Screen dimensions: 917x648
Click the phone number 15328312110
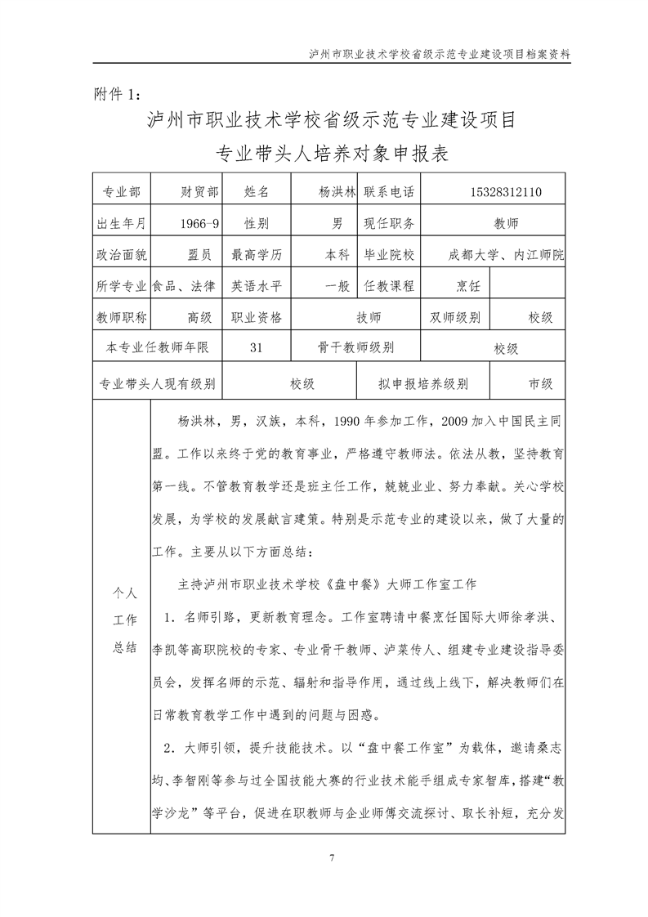[x=506, y=192]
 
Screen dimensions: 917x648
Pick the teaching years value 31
[x=256, y=348]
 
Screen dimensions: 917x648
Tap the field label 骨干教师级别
[x=356, y=348]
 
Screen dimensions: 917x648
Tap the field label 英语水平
[x=257, y=286]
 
